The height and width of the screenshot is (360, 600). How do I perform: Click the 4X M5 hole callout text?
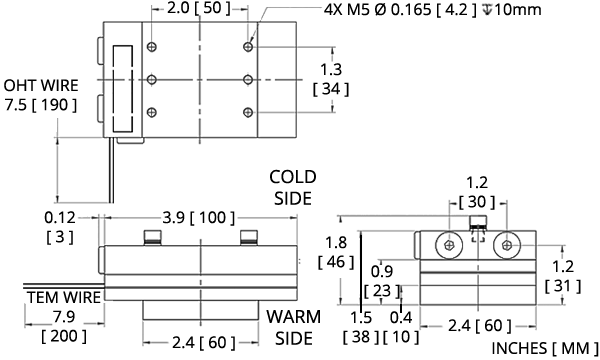click(x=432, y=9)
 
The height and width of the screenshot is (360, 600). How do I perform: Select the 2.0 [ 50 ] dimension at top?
click(x=199, y=8)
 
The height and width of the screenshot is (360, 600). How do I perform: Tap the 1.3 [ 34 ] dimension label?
click(x=331, y=80)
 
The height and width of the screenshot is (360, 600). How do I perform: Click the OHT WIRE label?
click(x=41, y=85)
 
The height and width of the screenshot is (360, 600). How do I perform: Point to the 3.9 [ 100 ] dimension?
click(x=199, y=218)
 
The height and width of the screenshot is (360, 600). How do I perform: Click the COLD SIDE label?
click(x=293, y=187)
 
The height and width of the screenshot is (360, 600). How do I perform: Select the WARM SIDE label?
click(x=293, y=327)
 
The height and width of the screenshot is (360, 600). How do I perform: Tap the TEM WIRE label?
click(x=64, y=297)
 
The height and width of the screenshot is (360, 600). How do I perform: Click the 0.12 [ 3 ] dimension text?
click(x=60, y=227)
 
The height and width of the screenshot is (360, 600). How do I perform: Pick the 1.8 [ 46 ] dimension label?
click(x=336, y=252)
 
